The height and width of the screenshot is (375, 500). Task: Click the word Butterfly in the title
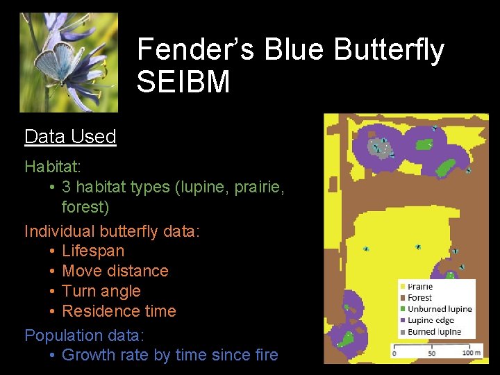[x=388, y=51]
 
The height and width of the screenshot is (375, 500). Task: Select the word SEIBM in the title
[x=183, y=82]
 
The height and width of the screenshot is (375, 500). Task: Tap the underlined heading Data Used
[x=70, y=137]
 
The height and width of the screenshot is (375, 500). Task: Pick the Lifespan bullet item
[x=93, y=251]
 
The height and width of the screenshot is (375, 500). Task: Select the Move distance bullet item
[x=115, y=271]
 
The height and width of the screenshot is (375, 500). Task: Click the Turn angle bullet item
[x=101, y=291]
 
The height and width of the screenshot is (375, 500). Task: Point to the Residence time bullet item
[x=119, y=311]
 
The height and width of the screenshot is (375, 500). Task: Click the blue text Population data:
[x=85, y=335]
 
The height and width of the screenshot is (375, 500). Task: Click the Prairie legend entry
[x=419, y=287]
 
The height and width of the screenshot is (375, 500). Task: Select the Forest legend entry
[x=419, y=298]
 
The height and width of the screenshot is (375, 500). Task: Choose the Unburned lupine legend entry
[x=439, y=309]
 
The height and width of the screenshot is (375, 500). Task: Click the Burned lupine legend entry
[x=434, y=332]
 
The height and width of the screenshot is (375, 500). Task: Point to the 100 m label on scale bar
[x=471, y=353]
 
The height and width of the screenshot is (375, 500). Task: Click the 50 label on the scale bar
[x=433, y=353]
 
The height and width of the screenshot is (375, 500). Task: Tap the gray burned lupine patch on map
[x=377, y=147]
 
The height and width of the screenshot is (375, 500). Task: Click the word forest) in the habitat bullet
[x=85, y=207]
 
